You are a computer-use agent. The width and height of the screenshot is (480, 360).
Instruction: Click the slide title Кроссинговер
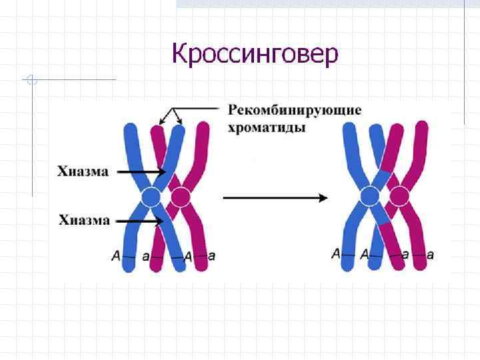click(255, 53)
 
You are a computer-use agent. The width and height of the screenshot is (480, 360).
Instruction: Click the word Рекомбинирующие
click(295, 110)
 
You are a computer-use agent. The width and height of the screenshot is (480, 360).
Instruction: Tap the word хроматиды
click(267, 127)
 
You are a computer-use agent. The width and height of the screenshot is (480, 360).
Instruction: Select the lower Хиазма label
click(84, 220)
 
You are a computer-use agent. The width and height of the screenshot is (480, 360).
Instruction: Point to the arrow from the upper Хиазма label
click(141, 171)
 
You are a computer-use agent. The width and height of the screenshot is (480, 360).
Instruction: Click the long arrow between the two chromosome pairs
click(275, 198)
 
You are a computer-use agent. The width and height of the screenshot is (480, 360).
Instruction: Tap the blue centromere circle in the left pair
click(151, 197)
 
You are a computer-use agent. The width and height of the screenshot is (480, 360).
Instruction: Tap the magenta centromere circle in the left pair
click(180, 197)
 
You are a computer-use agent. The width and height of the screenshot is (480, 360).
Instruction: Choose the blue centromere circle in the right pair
click(369, 197)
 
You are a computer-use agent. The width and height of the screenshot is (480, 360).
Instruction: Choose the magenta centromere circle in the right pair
click(399, 197)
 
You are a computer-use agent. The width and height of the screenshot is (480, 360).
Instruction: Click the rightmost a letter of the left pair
click(212, 255)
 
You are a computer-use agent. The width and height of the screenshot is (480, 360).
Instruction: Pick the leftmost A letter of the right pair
click(335, 253)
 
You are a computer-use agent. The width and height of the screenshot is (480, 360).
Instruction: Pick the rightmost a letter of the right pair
click(430, 254)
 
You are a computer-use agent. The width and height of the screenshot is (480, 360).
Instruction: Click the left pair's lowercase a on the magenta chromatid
click(146, 256)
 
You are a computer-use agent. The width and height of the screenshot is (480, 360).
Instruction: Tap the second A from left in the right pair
click(364, 254)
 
